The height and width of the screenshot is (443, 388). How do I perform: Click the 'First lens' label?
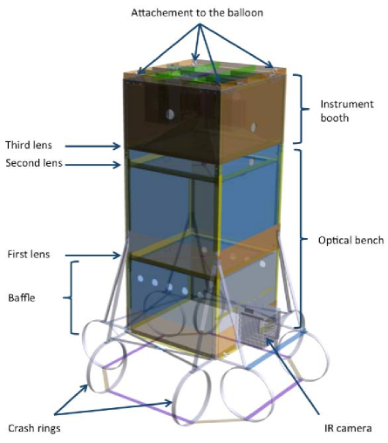[28, 255]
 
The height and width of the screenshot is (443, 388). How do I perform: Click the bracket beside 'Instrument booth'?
[300, 109]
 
